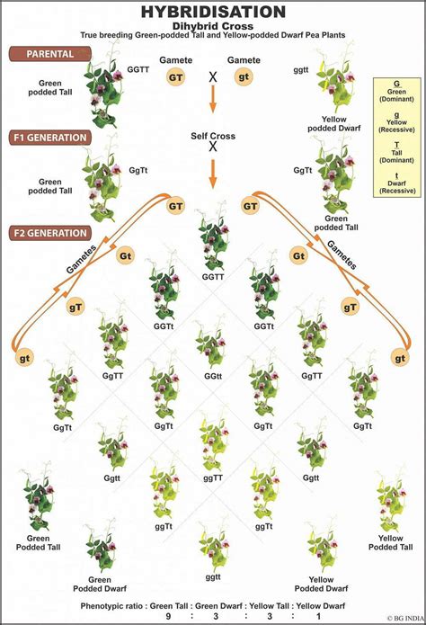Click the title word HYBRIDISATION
point(213,11)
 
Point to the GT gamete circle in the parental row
point(179,76)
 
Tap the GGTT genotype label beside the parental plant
point(139,68)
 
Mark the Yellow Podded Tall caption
point(390,543)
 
